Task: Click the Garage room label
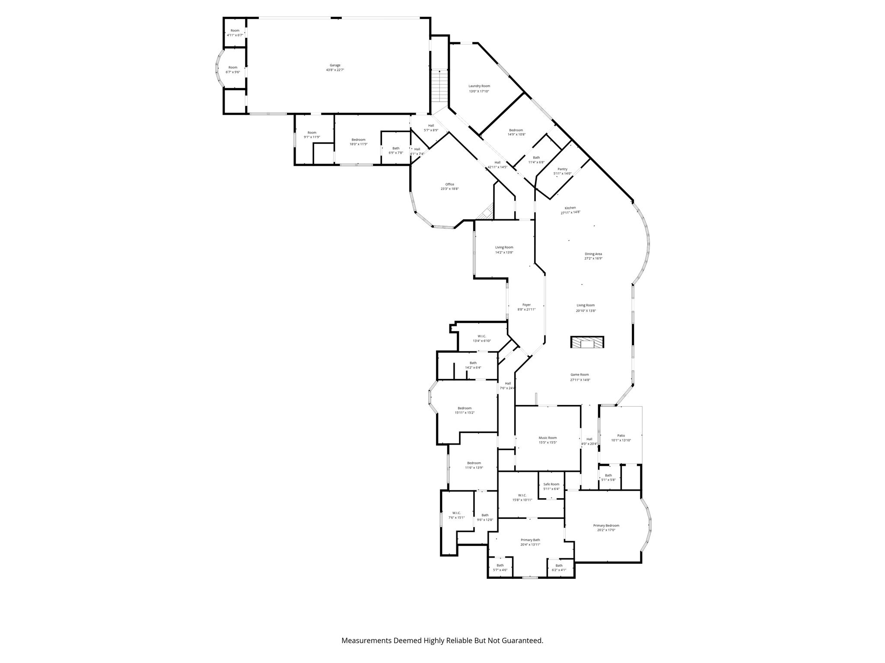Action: click(x=335, y=65)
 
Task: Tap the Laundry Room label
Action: click(x=479, y=86)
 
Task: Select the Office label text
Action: click(x=450, y=184)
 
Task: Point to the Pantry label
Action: click(x=563, y=169)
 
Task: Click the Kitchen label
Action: click(x=570, y=208)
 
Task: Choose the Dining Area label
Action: click(x=593, y=254)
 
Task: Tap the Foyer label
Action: click(x=526, y=305)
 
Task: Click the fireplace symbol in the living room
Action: click(x=587, y=342)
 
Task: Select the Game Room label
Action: click(x=579, y=375)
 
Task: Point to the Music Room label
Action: click(x=548, y=438)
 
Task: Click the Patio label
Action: click(x=621, y=436)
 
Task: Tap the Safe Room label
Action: click(x=551, y=484)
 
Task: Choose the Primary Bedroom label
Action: click(x=606, y=525)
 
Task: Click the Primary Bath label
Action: click(x=530, y=540)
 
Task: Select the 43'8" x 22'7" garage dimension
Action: click(x=335, y=70)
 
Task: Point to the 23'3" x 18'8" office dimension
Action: click(x=450, y=189)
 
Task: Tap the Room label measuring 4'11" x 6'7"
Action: click(x=235, y=30)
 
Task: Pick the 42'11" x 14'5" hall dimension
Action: click(x=497, y=167)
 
